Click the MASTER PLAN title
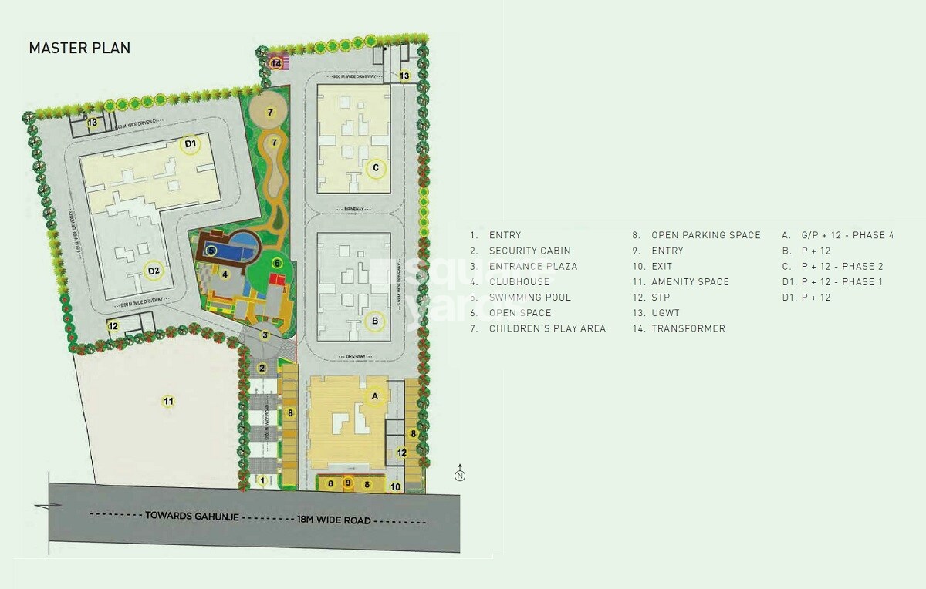point(79,49)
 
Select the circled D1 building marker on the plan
point(190,143)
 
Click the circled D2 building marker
point(154,271)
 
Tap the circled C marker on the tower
point(376,167)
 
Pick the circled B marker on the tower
point(374,321)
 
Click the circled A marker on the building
point(375,396)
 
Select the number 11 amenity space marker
point(167,401)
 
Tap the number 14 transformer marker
point(276,64)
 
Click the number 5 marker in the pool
point(211,251)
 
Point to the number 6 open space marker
point(276,264)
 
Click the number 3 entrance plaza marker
point(265,335)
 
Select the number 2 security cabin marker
point(262,369)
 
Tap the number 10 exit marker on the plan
point(395,486)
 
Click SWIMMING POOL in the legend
point(529,298)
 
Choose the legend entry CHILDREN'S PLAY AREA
point(547,328)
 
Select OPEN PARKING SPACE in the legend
point(705,235)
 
